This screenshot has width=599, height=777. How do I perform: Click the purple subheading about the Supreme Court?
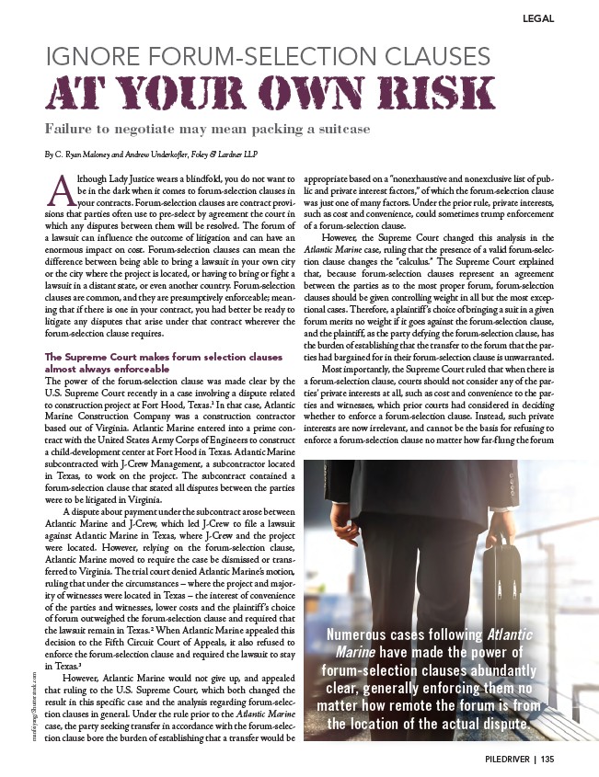pyautogui.click(x=164, y=360)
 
